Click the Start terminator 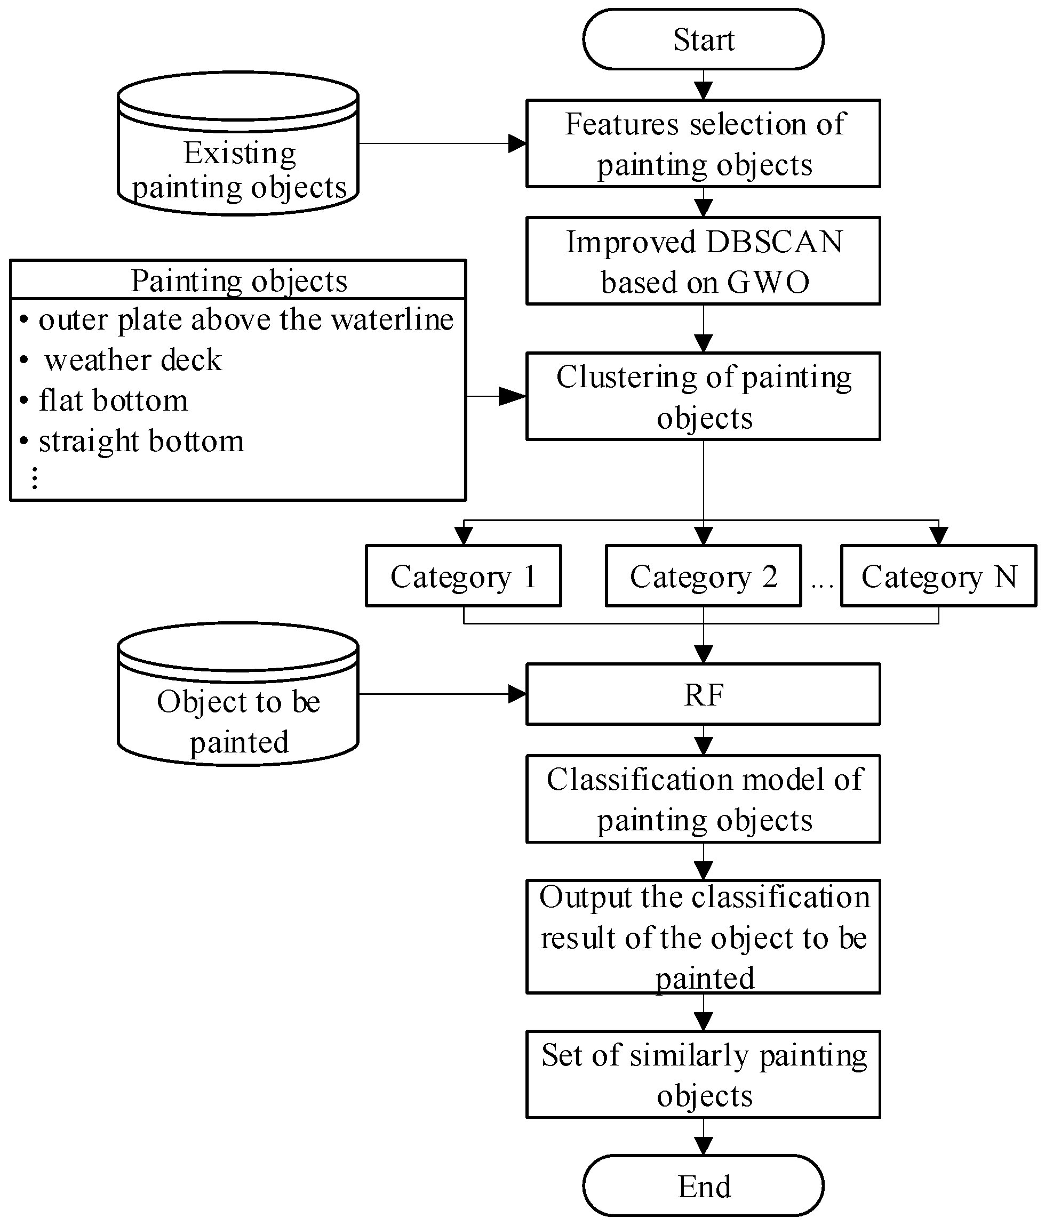click(x=703, y=39)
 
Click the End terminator click(x=703, y=1186)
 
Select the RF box click(x=703, y=694)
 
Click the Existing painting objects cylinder click(x=238, y=144)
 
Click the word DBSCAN click(x=775, y=242)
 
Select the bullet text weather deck click(x=133, y=360)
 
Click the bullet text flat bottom click(x=114, y=400)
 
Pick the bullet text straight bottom click(x=141, y=442)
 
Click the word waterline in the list click(x=392, y=319)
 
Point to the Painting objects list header click(x=238, y=280)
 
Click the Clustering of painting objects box click(x=703, y=396)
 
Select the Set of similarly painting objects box click(x=703, y=1075)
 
